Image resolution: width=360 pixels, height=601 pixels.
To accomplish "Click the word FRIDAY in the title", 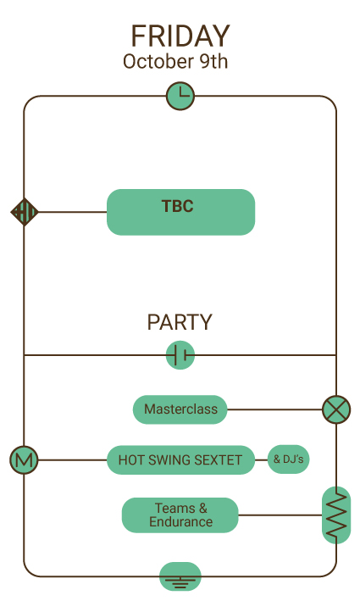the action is click(180, 36).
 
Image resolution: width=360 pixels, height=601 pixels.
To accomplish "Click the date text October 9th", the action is click(175, 61).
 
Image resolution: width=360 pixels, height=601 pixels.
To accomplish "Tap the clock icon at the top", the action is click(180, 96).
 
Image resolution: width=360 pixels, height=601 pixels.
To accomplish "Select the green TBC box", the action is click(180, 212).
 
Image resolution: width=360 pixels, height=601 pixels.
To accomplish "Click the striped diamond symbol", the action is click(25, 212).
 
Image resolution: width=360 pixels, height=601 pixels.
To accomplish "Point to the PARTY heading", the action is click(180, 322).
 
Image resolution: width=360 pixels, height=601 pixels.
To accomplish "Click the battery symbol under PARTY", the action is click(180, 355).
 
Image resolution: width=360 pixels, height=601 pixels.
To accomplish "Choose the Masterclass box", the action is click(180, 409).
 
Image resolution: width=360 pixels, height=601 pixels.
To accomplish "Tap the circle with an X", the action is click(336, 409).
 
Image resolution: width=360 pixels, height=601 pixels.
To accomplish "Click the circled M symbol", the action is click(24, 459).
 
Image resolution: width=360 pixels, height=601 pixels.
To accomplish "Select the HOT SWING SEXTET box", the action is click(180, 459).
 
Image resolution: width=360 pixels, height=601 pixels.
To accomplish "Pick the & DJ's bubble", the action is click(288, 459).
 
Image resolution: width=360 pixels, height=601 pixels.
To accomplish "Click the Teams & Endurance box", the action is click(180, 515).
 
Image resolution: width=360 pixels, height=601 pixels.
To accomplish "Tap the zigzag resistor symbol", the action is click(336, 515).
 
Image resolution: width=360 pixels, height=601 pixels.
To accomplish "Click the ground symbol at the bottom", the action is click(180, 576).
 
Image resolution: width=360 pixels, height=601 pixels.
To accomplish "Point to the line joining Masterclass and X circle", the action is click(274, 409).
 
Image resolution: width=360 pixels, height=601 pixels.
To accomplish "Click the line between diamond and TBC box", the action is click(72, 212).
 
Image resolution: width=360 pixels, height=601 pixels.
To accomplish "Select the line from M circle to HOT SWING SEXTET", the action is click(72, 459).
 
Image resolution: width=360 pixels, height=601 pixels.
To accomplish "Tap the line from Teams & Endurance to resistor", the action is click(280, 515).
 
